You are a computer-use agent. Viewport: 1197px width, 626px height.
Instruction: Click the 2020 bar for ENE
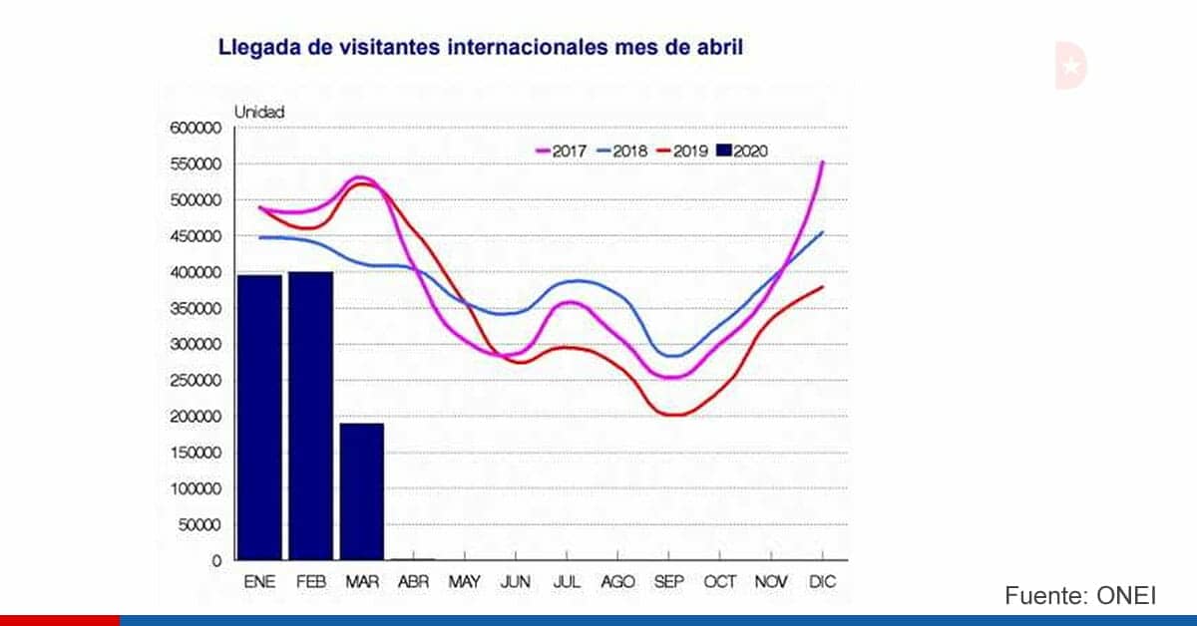(x=259, y=418)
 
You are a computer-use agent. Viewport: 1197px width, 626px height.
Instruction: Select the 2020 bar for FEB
(x=311, y=416)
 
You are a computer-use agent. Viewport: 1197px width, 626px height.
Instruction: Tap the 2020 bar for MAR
(x=362, y=492)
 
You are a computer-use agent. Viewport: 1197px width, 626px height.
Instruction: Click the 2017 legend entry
(x=561, y=152)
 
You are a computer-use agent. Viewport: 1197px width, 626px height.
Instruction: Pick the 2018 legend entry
(x=622, y=152)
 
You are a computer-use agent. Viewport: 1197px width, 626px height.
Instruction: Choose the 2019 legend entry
(x=682, y=152)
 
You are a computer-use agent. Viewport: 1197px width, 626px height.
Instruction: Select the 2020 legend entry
(x=742, y=152)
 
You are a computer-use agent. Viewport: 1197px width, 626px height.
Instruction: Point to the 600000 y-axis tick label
(x=196, y=129)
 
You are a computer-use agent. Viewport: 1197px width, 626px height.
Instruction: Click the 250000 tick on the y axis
(x=196, y=381)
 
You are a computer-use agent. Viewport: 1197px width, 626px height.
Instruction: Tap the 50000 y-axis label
(x=199, y=525)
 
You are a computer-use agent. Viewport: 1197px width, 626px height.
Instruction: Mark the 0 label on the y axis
(x=216, y=561)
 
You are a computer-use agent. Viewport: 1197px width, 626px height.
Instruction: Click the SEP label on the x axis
(x=669, y=582)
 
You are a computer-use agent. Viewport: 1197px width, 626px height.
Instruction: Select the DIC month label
(x=822, y=582)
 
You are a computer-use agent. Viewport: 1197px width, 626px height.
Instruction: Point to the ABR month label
(x=414, y=582)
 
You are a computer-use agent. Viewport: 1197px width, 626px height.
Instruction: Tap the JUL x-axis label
(x=567, y=582)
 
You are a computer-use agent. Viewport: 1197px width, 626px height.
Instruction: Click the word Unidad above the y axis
(x=259, y=113)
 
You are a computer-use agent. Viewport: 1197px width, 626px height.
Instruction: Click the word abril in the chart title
(x=720, y=47)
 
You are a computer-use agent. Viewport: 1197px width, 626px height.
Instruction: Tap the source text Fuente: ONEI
(x=1080, y=595)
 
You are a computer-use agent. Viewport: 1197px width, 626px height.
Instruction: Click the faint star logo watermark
(x=1071, y=66)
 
